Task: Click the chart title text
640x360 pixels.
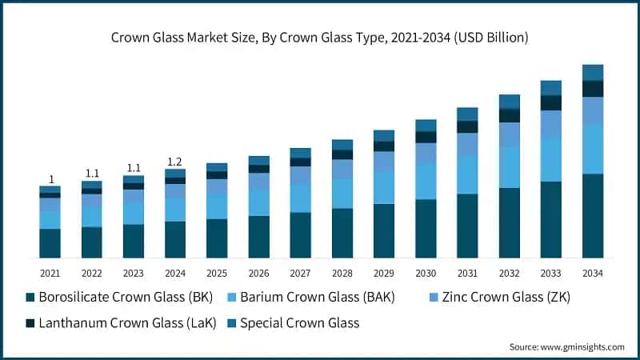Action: tap(320, 38)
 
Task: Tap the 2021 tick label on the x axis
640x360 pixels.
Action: tap(50, 274)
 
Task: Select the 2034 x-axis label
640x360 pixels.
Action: tap(593, 274)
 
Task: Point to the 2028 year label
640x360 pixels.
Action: tap(342, 274)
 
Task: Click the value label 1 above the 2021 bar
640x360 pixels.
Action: tap(50, 179)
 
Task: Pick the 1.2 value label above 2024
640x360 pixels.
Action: tap(175, 162)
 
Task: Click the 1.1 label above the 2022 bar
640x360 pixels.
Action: tap(92, 174)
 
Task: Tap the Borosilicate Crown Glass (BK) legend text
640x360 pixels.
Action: tap(126, 298)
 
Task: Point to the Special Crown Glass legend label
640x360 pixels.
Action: tap(300, 323)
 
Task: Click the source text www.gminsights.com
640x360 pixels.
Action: tap(566, 346)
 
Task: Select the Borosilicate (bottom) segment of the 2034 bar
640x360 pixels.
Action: tap(593, 215)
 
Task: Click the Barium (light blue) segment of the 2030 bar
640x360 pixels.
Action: tap(426, 182)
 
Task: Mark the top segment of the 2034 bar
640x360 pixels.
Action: tap(593, 72)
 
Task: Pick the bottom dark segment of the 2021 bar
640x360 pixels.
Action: tap(50, 243)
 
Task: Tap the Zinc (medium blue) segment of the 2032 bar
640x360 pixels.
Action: tap(510, 134)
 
